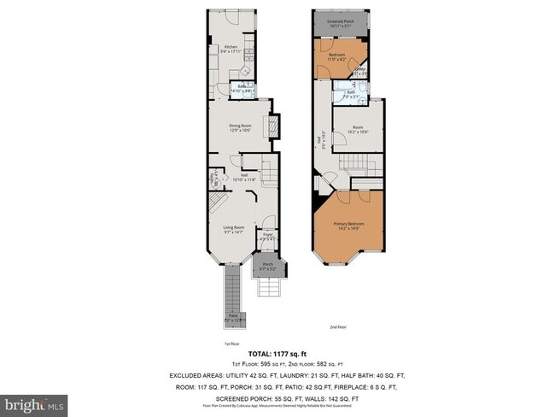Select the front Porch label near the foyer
(x=267, y=266)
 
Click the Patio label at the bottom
(x=231, y=317)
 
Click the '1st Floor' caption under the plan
(x=231, y=344)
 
